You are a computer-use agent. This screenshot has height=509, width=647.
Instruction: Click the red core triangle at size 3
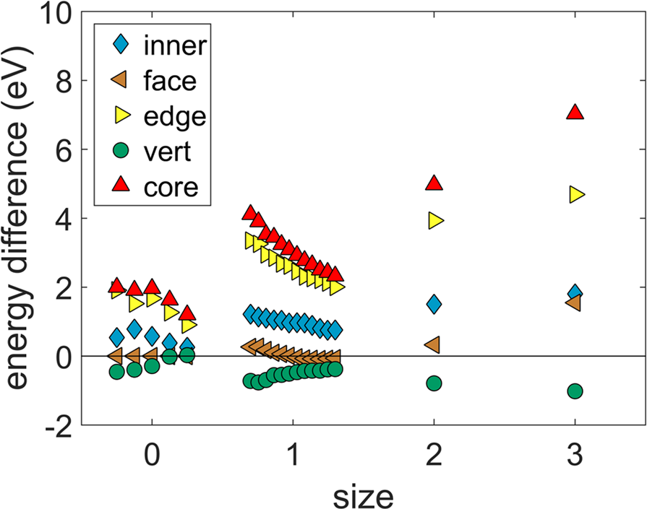pyautogui.click(x=575, y=112)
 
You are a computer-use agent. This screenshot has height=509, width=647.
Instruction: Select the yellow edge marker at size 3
pyautogui.click(x=576, y=194)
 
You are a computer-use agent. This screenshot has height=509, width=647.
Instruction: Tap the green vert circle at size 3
pyautogui.click(x=575, y=391)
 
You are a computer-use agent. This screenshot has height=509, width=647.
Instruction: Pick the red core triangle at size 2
pyautogui.click(x=434, y=183)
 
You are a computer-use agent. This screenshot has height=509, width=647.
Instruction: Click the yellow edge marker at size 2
pyautogui.click(x=435, y=221)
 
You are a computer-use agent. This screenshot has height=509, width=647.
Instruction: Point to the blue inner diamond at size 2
pyautogui.click(x=434, y=304)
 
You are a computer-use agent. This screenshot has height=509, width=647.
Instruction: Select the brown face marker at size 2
pyautogui.click(x=433, y=345)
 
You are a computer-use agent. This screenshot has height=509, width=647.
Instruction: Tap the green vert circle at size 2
pyautogui.click(x=434, y=383)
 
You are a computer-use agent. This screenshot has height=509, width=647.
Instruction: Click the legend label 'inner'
pyautogui.click(x=175, y=46)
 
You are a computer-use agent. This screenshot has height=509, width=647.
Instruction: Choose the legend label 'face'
pyautogui.click(x=169, y=81)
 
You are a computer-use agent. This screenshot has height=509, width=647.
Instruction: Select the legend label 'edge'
pyautogui.click(x=174, y=116)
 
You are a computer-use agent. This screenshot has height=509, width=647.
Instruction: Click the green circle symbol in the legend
pyautogui.click(x=121, y=152)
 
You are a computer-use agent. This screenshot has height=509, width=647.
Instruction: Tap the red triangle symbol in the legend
pyautogui.click(x=121, y=186)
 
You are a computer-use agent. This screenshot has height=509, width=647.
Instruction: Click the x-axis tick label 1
pyautogui.click(x=293, y=458)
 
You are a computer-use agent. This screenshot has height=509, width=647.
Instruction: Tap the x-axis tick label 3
pyautogui.click(x=576, y=458)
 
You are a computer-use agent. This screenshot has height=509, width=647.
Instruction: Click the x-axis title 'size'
pyautogui.click(x=364, y=495)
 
